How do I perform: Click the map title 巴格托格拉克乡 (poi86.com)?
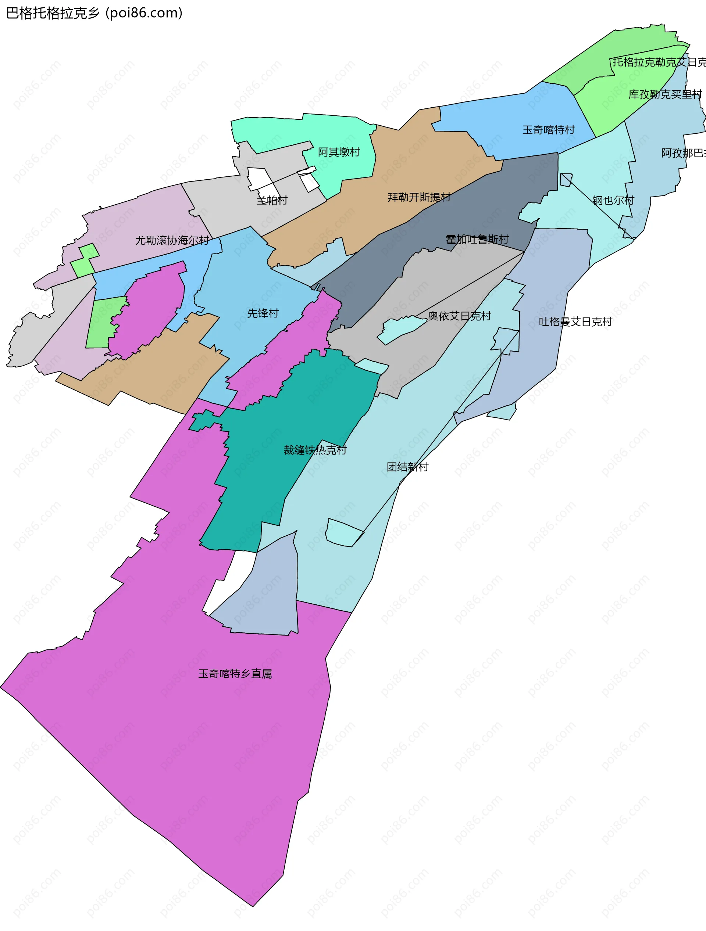[95, 13]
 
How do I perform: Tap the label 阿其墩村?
[339, 152]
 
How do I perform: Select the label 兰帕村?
[272, 200]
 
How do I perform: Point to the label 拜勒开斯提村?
[419, 197]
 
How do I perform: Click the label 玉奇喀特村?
[549, 130]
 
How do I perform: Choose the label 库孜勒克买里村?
[665, 94]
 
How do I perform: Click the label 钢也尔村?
[613, 200]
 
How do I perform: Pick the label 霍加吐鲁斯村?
[477, 240]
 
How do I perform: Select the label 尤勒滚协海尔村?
[172, 240]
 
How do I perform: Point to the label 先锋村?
[263, 313]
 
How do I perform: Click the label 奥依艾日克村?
[459, 316]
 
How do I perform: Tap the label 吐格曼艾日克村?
[575, 321]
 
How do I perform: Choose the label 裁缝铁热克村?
[315, 450]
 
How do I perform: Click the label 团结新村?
[407, 467]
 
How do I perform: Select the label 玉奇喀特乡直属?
[235, 674]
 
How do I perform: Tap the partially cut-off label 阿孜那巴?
[683, 153]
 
